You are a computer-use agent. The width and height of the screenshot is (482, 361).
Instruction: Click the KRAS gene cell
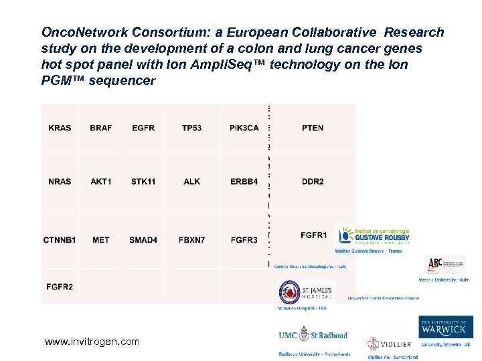click(x=60, y=128)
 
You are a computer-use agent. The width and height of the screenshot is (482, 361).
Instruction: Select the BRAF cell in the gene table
click(x=100, y=128)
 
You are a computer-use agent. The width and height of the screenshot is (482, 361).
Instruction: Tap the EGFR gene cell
click(x=143, y=128)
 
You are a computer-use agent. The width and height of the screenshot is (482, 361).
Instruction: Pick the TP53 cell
click(x=191, y=128)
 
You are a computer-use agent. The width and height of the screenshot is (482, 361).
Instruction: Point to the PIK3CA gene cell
click(x=244, y=128)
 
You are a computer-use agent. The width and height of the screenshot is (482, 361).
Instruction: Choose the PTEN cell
click(x=313, y=128)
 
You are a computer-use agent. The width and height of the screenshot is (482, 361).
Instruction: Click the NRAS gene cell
click(x=60, y=181)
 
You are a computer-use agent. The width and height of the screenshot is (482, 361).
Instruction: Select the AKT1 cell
click(x=101, y=181)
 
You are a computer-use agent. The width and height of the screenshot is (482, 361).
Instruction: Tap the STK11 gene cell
click(x=143, y=181)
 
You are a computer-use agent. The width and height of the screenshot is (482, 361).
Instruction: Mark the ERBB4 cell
click(x=244, y=181)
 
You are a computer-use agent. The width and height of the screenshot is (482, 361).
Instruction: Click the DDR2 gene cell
click(x=313, y=181)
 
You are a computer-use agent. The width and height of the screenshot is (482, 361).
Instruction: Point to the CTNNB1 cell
click(x=60, y=239)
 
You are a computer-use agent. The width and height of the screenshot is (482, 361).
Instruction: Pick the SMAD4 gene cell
click(x=143, y=239)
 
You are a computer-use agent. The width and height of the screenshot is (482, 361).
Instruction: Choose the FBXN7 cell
click(x=191, y=239)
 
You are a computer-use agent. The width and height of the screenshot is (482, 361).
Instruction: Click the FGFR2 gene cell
click(x=60, y=287)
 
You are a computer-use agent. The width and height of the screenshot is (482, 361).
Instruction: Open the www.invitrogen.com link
click(x=92, y=342)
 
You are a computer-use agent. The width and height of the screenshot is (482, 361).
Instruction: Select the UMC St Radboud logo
click(x=313, y=334)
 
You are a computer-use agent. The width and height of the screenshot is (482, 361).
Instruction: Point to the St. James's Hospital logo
click(x=305, y=293)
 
